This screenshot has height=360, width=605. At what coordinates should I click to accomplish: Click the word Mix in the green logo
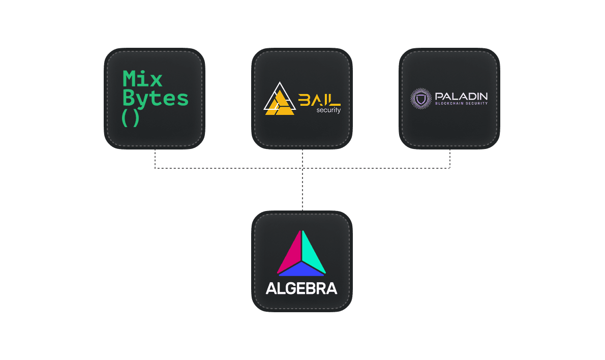(x=142, y=79)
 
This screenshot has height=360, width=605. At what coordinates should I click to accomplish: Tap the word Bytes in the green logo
(x=155, y=98)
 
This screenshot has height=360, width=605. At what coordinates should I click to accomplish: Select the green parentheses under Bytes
(x=131, y=118)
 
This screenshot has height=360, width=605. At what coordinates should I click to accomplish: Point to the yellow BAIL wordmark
(x=319, y=100)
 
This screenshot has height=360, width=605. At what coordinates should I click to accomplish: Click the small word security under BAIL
(x=328, y=110)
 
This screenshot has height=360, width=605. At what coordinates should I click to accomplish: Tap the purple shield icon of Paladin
(x=420, y=99)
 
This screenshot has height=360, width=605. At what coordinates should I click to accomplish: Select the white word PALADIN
(x=461, y=96)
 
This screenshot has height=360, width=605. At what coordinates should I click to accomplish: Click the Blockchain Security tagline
(x=461, y=103)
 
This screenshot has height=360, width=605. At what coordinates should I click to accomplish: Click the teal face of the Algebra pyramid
(x=313, y=253)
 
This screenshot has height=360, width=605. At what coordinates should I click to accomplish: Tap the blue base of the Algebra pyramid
(x=301, y=270)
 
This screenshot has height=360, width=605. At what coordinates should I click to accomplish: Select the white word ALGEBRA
(x=301, y=289)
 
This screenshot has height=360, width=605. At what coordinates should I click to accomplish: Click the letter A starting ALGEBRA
(x=271, y=289)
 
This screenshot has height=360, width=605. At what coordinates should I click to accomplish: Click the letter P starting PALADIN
(x=439, y=96)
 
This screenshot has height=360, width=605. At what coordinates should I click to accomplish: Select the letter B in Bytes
(x=129, y=98)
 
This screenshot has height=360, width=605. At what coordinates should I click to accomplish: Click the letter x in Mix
(x=156, y=80)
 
